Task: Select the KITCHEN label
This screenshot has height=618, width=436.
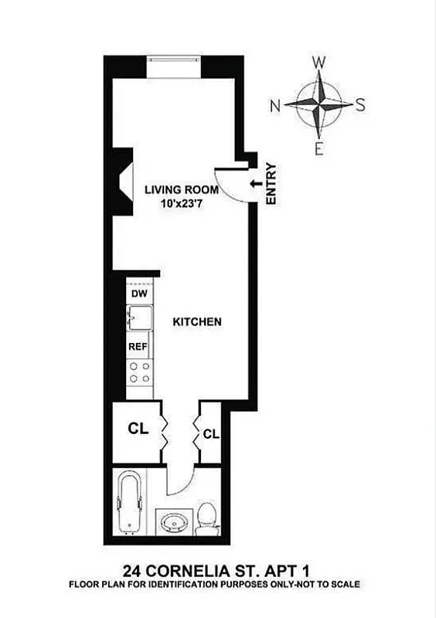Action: pos(197,321)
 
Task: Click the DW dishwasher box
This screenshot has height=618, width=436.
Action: pos(138,294)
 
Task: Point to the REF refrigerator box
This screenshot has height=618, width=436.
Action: pos(138,347)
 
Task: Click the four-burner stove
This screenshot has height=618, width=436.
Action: pos(139,372)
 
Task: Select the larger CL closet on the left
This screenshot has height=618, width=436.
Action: pos(138,427)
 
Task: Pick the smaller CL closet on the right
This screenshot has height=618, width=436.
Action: pos(211,434)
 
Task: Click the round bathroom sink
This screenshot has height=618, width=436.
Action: pos(172,525)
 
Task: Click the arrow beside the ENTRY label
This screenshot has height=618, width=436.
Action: pos(255,182)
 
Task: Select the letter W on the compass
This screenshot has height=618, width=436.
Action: pos(318,63)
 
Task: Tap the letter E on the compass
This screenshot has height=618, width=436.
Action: pos(318,150)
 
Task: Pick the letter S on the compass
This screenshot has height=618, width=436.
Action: pos(359,107)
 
